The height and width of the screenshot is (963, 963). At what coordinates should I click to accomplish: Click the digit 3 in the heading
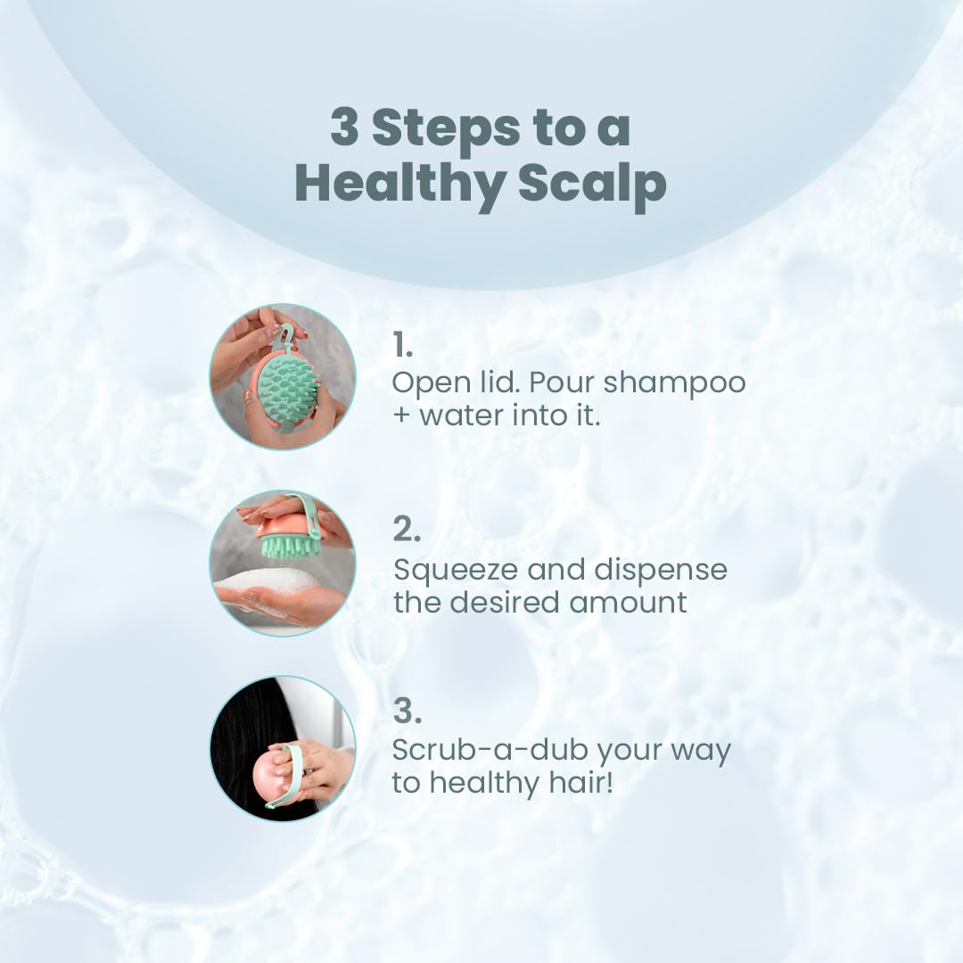pyautogui.click(x=344, y=128)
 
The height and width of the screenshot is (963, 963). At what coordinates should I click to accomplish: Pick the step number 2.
pyautogui.click(x=406, y=529)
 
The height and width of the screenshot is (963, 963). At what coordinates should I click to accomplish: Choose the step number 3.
pyautogui.click(x=407, y=711)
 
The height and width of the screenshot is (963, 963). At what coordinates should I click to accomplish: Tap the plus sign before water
pyautogui.click(x=401, y=415)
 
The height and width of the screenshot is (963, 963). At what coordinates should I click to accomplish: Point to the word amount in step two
pyautogui.click(x=629, y=602)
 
